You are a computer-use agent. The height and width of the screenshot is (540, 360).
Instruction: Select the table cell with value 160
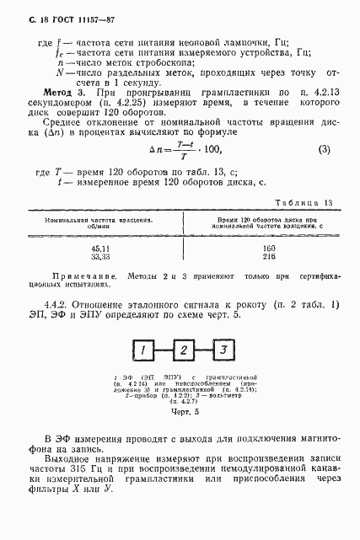pos(269,249)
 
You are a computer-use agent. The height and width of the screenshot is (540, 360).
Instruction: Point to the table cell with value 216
pos(269,258)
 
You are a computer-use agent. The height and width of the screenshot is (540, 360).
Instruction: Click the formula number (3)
pos(324,174)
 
